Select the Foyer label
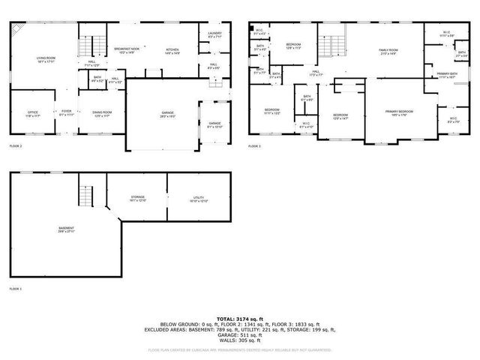coord(67,113)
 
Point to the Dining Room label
coord(101,113)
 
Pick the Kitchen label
coord(172,50)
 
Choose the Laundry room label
coord(214,35)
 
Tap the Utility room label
coord(198,199)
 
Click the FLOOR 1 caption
coord(16,289)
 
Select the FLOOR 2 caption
coord(16,145)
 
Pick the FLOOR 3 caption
coord(256,145)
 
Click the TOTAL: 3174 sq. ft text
coord(240,319)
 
